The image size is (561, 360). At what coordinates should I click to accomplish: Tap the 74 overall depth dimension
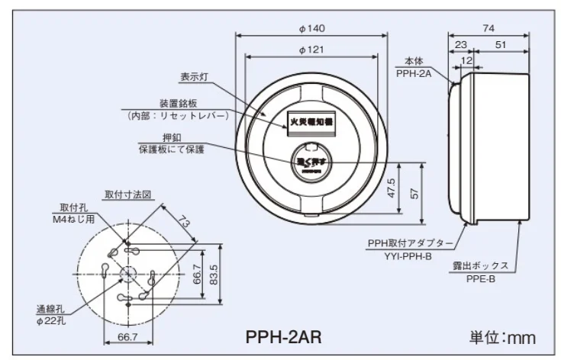(488, 28)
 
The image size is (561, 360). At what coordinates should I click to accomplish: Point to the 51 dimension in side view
(500, 45)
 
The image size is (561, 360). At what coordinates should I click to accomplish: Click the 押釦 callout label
(174, 138)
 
